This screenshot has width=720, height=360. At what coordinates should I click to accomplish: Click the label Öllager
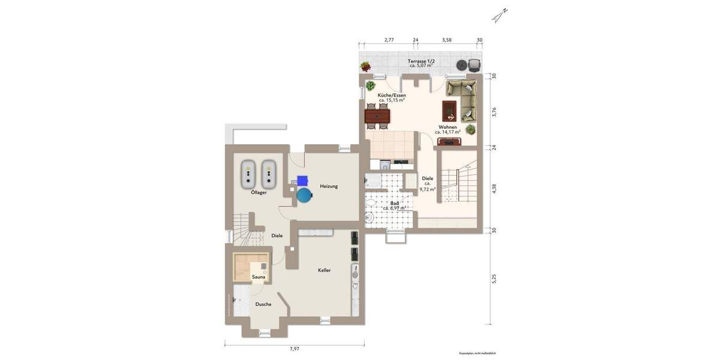click(259, 193)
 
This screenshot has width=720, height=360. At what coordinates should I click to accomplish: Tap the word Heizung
click(329, 186)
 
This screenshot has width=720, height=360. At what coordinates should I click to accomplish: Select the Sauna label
click(258, 277)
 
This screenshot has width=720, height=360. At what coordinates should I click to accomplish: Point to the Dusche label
click(263, 304)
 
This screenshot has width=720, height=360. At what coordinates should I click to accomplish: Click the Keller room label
click(325, 271)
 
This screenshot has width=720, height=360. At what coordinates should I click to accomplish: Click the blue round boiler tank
click(305, 195)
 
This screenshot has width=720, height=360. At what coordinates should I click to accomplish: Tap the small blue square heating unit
click(302, 179)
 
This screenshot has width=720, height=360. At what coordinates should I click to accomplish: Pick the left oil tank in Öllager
click(249, 173)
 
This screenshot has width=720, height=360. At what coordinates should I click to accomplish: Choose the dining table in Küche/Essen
click(377, 114)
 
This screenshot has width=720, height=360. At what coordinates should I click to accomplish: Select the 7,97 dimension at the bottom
click(294, 349)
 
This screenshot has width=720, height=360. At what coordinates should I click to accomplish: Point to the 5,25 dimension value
click(494, 279)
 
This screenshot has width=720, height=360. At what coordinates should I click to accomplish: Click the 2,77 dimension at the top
click(389, 40)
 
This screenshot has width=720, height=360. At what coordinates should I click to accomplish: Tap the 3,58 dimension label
click(446, 40)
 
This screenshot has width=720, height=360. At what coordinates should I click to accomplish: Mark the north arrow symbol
click(500, 15)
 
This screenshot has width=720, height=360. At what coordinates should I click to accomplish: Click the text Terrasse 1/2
click(421, 61)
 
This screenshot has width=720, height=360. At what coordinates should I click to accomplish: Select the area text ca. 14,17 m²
click(448, 132)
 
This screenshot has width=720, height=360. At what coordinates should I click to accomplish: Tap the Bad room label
click(394, 203)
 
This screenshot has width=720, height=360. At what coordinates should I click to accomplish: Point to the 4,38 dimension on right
click(494, 187)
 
